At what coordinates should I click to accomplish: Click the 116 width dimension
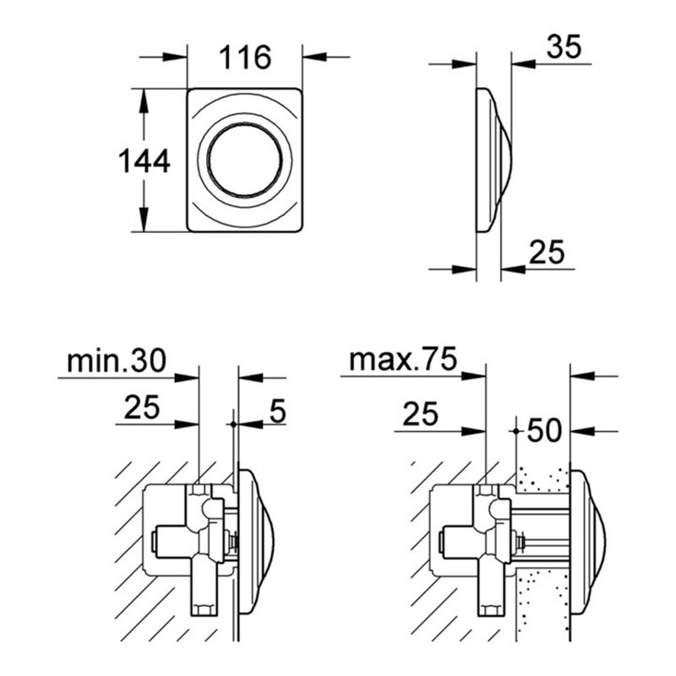coord(245,57)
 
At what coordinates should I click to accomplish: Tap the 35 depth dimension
coord(564,48)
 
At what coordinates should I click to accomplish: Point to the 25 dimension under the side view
coord(546,251)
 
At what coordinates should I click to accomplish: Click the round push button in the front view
coord(243,160)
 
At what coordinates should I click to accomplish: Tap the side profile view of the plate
coord(490,160)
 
